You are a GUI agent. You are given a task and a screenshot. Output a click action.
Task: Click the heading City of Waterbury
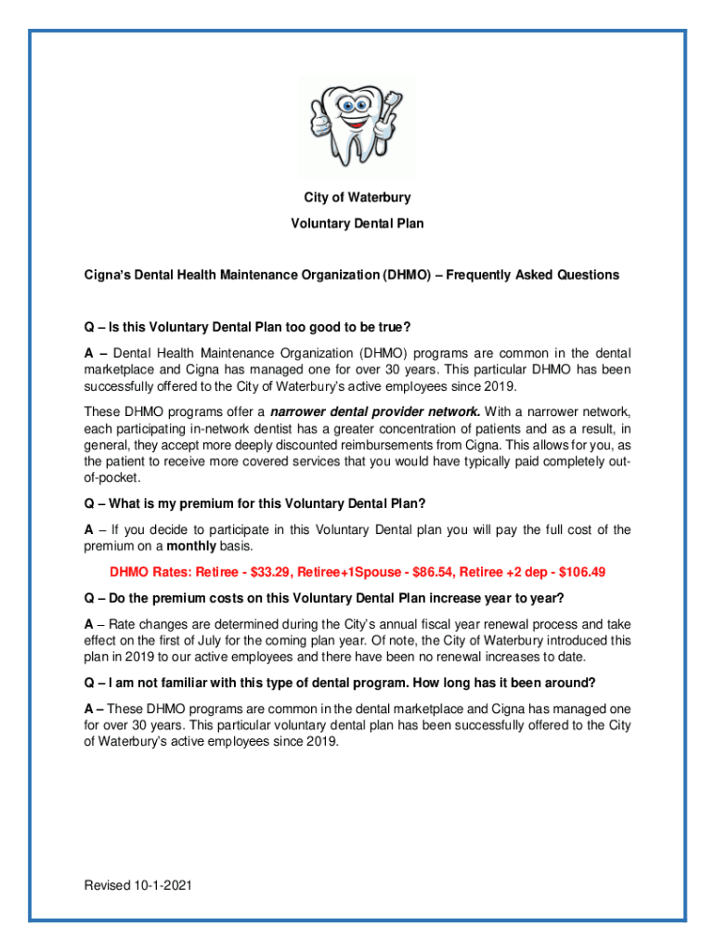(357, 198)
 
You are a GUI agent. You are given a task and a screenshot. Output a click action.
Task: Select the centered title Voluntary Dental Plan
(357, 224)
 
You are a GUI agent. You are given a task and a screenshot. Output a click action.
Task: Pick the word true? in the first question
(391, 327)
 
